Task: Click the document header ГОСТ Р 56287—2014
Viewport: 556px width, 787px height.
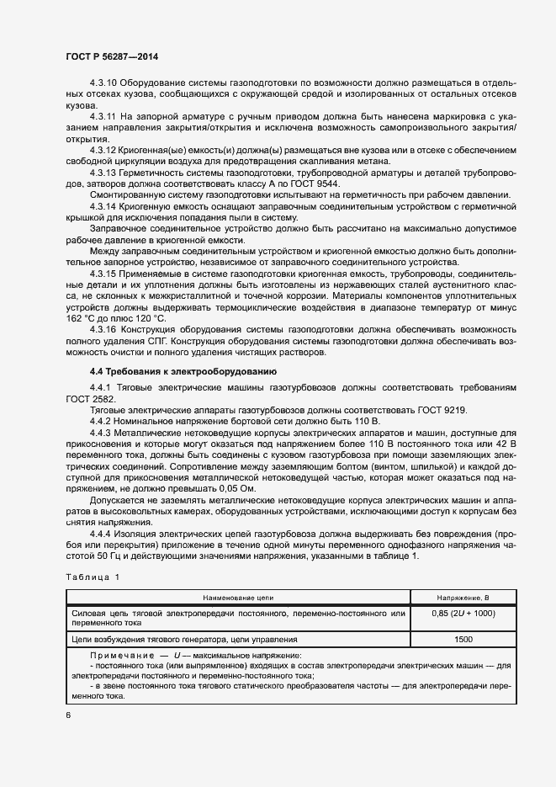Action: point(112,56)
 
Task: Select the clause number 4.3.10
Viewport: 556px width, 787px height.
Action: point(105,83)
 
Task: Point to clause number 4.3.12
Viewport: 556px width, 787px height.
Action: point(104,150)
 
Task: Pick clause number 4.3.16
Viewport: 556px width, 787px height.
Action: point(104,329)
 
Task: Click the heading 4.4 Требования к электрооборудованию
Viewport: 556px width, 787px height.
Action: point(180,371)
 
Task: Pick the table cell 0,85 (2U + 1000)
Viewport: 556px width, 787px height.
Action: point(463,614)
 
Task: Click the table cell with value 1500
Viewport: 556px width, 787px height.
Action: point(463,639)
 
